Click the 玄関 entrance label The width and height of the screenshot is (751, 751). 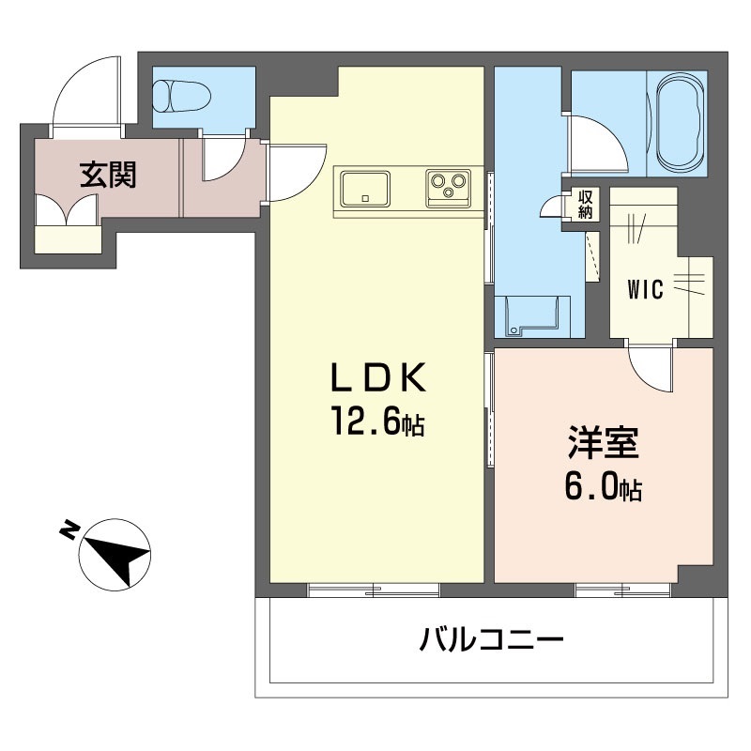(x=107, y=175)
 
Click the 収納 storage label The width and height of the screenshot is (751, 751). (x=585, y=205)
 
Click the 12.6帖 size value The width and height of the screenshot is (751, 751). (x=375, y=424)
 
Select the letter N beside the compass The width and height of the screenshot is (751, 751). (x=69, y=531)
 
